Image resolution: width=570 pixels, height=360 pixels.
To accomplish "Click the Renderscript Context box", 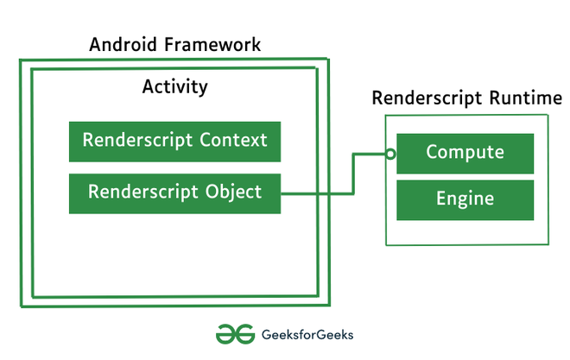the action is [174, 142].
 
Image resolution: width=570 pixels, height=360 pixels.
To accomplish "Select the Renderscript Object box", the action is [174, 193].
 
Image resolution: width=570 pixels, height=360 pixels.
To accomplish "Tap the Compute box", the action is [465, 154].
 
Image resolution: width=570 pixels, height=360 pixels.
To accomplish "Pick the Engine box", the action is [465, 200].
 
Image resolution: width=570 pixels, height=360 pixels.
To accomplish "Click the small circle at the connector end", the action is [390, 154].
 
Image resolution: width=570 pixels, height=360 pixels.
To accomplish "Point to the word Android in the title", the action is [123, 44].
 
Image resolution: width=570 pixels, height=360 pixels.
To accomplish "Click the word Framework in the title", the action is [212, 44].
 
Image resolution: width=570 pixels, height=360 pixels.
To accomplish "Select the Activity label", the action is [174, 87].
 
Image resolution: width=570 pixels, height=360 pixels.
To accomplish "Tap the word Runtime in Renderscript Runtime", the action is [526, 98].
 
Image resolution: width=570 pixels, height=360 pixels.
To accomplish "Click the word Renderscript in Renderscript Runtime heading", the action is [427, 98].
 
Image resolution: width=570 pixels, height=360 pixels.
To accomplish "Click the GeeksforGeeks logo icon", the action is [235, 334].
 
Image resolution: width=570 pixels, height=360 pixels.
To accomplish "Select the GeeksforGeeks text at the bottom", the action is [307, 335].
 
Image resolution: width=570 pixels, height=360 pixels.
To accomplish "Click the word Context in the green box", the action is [233, 140].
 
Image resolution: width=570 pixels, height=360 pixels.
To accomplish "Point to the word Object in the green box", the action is [233, 193].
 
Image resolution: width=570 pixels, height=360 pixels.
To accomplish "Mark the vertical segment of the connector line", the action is [353, 174].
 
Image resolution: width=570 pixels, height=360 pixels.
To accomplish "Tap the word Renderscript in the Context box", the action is [137, 141].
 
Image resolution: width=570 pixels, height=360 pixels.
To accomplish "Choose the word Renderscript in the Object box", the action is [142, 193].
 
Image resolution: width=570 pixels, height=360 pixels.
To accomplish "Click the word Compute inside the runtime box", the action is [465, 152].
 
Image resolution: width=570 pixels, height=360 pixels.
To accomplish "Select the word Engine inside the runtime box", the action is [465, 199].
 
